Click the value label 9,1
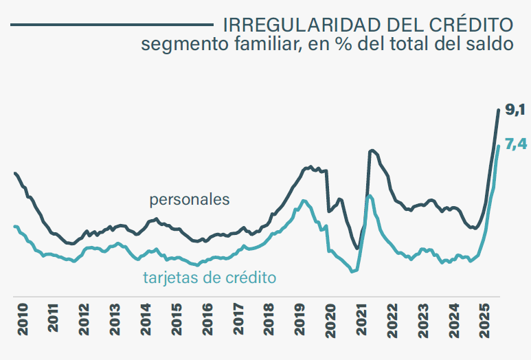515,110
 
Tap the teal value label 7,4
515,144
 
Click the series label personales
190,200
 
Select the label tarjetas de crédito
210,278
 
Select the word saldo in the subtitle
492,45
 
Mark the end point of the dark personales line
499,110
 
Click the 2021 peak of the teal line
369,196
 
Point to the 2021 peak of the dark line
372,150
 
